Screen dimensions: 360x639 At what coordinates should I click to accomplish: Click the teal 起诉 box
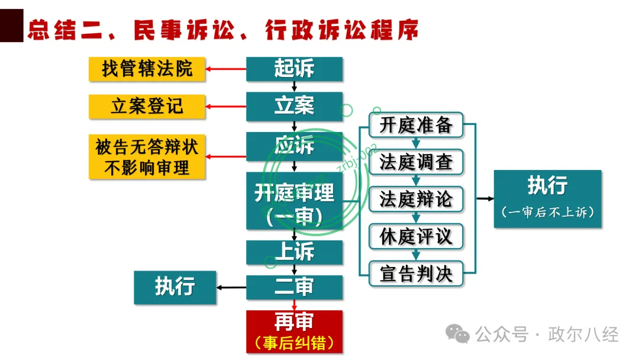tap(294, 69)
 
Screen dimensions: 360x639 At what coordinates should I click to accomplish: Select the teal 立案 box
tap(294, 107)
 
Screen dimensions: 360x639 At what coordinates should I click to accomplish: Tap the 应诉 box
tap(294, 146)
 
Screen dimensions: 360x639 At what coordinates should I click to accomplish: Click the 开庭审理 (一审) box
tap(294, 201)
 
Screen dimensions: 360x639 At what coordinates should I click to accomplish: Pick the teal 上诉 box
tap(294, 252)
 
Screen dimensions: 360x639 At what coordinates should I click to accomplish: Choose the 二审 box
tap(294, 287)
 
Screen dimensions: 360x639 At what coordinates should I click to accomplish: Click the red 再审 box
tap(294, 332)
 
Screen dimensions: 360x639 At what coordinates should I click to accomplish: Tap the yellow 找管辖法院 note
tap(147, 69)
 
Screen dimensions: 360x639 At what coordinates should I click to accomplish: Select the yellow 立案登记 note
tap(147, 107)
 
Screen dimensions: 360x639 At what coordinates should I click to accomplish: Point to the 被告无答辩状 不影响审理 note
tap(147, 157)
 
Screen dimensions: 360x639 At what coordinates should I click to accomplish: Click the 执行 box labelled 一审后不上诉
tap(547, 198)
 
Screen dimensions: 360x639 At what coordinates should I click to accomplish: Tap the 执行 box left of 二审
tap(175, 287)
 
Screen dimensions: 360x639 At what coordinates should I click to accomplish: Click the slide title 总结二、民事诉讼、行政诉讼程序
tap(222, 30)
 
